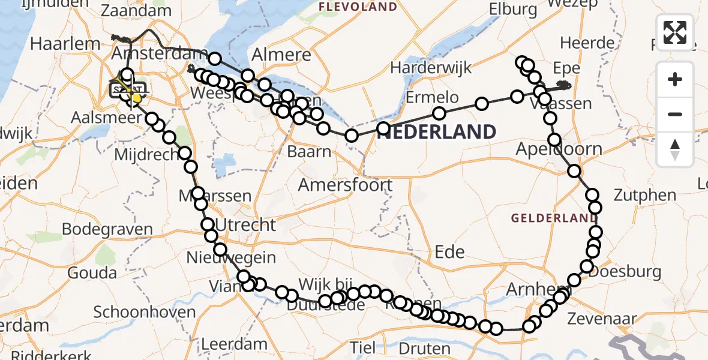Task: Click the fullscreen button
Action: coord(675,32)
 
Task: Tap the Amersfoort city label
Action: coord(345,185)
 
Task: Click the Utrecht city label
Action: coord(246,225)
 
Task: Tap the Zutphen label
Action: coord(645,195)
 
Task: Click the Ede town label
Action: coord(449,251)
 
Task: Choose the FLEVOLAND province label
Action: coord(358,7)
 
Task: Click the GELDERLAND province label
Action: coord(549,218)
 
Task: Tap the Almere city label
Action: coord(281,55)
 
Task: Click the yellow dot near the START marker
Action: coord(137,98)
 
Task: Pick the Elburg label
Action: coord(513,9)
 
